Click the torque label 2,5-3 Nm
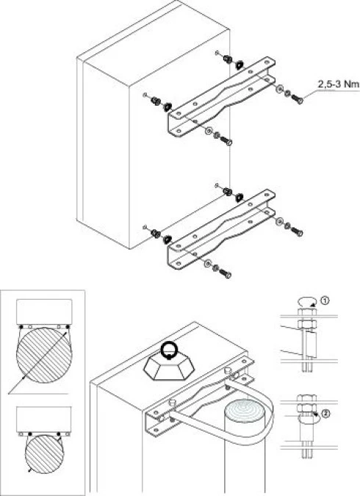pos(338,85)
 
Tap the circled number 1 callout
pos(325,301)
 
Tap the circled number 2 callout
pos(325,414)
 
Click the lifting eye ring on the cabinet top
pos(169,351)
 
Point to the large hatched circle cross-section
pos(44,355)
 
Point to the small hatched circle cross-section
pos(44,454)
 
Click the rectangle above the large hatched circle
pos(44,312)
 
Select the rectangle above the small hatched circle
pos(43,420)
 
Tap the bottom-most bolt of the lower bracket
pos(226,273)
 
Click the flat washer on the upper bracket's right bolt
pos(280,89)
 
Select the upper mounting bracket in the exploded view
pos(220,97)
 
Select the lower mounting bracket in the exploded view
pos(220,229)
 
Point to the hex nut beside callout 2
pos(306,408)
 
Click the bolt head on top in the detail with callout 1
pos(307,312)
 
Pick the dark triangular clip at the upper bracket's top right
pos(240,65)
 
